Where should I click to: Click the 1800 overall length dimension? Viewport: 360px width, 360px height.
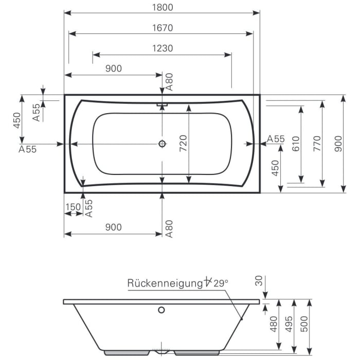162,7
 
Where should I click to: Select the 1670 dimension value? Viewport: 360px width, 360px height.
162,28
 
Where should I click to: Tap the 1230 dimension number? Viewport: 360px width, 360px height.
162,48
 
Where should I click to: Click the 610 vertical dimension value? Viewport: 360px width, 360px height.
295,144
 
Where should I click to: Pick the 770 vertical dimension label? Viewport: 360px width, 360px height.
317,144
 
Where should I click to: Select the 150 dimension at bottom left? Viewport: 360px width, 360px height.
73,207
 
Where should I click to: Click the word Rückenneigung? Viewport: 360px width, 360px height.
164,282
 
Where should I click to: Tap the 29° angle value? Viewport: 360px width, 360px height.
220,282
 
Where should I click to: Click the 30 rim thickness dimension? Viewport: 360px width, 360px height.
258,281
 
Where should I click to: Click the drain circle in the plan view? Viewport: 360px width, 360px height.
163,145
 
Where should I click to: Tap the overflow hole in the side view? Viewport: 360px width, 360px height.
161,310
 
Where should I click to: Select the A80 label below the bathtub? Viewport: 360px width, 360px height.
169,228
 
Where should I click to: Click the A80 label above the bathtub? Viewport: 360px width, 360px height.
169,82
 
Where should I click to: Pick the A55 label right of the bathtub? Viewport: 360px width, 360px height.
276,139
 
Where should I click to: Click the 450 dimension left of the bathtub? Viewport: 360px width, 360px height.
16,120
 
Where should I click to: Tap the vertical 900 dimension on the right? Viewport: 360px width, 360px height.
338,144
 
